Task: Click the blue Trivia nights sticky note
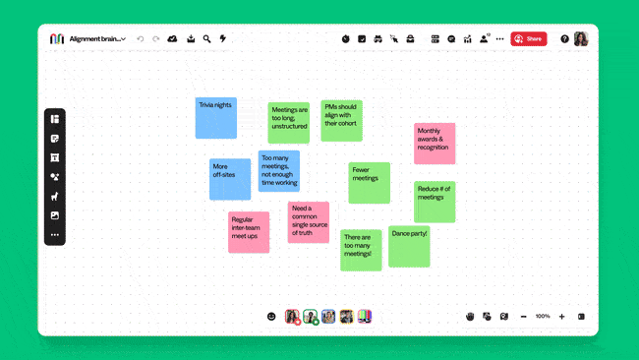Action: [x=215, y=118]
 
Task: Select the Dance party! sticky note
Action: [x=409, y=246]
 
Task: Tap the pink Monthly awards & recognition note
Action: [x=435, y=144]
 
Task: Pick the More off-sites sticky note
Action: [x=230, y=179]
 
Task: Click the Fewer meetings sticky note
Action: [x=370, y=183]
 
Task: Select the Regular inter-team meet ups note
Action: [x=249, y=232]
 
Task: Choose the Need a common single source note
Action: [x=309, y=222]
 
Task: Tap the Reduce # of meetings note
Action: [x=435, y=202]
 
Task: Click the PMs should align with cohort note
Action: [x=341, y=120]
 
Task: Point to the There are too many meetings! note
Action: [x=361, y=250]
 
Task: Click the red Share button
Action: [x=529, y=38]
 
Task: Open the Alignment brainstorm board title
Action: [x=96, y=38]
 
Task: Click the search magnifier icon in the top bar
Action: [x=206, y=38]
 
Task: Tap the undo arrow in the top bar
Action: [x=141, y=38]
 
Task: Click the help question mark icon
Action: [x=564, y=38]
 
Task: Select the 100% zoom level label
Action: [x=543, y=316]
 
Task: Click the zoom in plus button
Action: [x=561, y=316]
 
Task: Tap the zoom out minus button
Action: [x=523, y=316]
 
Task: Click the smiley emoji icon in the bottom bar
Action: [x=271, y=316]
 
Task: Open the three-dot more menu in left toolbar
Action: [x=55, y=235]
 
